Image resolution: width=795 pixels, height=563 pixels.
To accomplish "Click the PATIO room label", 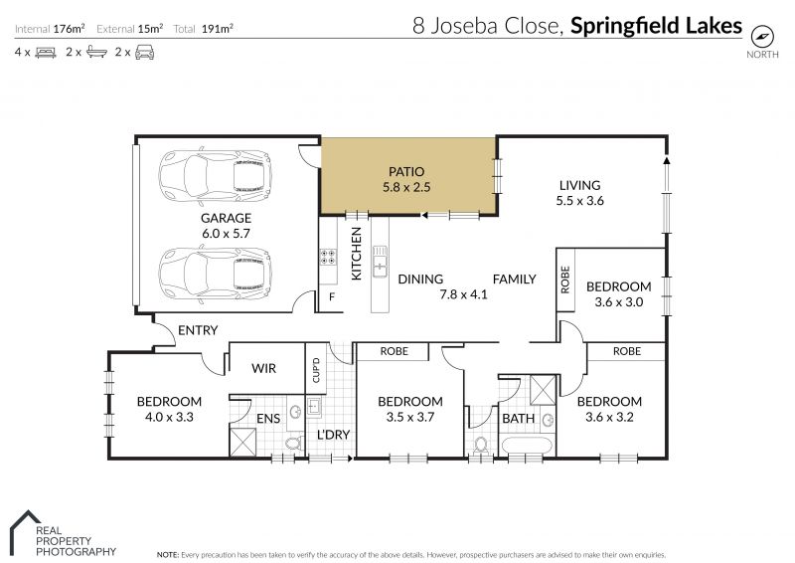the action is [406, 172].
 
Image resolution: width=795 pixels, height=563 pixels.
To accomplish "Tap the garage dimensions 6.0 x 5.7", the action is [226, 234].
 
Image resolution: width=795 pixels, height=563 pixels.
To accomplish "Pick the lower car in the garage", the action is [215, 275].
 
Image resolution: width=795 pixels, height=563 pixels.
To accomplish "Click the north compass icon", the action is [762, 36].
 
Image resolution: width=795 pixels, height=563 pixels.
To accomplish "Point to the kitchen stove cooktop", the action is [328, 257].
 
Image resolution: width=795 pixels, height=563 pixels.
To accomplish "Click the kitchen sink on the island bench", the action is [380, 261].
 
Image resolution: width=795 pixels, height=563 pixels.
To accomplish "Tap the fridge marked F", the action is [332, 297].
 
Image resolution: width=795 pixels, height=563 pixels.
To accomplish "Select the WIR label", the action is [263, 369].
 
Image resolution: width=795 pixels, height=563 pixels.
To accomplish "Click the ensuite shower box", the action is [242, 443].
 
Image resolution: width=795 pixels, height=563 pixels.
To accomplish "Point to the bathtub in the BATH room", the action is [527, 446].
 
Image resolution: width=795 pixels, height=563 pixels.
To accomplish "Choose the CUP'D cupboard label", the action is [316, 370].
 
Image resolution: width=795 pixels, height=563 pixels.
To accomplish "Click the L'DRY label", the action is [333, 435].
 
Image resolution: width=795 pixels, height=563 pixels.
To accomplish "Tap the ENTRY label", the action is [198, 330].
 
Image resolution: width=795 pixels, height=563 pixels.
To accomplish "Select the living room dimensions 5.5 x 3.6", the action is [579, 201].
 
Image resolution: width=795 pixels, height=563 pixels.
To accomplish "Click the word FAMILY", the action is [514, 280].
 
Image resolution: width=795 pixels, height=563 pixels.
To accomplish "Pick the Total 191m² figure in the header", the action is [203, 29].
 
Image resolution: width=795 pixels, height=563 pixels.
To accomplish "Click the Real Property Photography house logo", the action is [25, 532].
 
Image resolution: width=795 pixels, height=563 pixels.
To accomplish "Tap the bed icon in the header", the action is [46, 52].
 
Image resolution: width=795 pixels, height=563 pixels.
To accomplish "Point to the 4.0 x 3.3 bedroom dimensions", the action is [169, 418].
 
